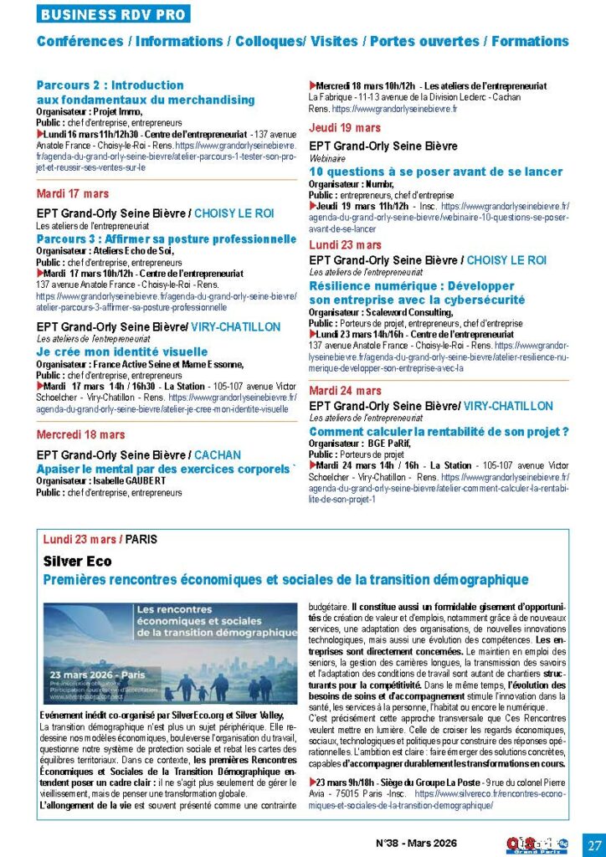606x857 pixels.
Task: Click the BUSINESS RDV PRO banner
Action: (x=113, y=14)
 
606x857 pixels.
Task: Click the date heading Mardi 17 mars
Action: (x=73, y=194)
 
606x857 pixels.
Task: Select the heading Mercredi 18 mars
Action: (x=81, y=434)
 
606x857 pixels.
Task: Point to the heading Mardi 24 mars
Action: (x=345, y=390)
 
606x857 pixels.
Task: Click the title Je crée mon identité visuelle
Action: (x=122, y=352)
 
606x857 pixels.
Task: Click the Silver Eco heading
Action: (x=77, y=562)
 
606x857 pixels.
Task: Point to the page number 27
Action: (x=593, y=843)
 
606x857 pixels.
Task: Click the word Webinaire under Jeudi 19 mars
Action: (x=328, y=157)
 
